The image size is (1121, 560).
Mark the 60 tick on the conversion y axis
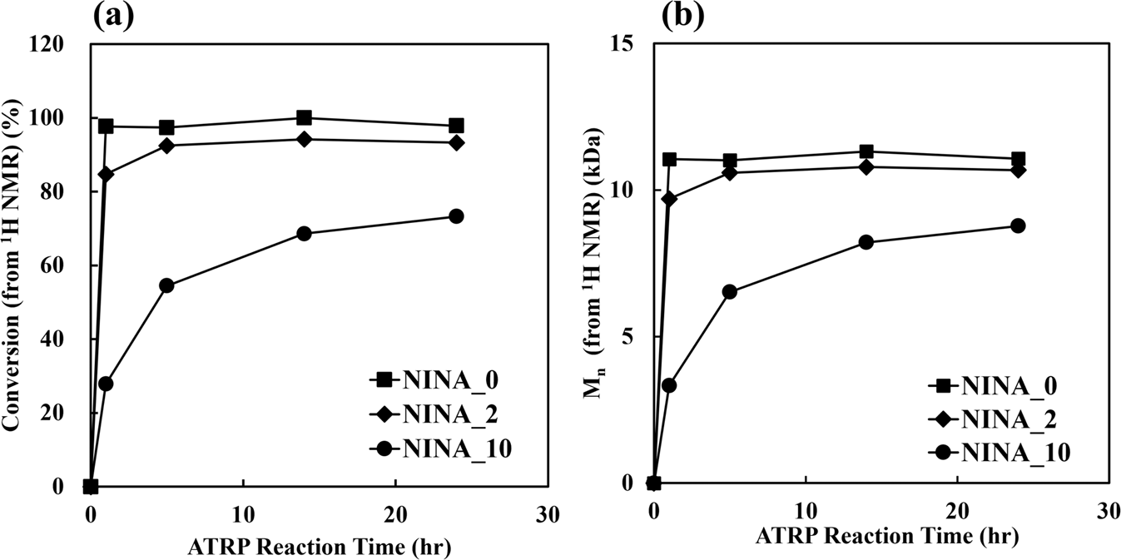click(x=67, y=265)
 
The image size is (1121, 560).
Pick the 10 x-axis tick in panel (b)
click(x=805, y=507)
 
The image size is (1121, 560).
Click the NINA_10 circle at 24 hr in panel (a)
click(x=456, y=216)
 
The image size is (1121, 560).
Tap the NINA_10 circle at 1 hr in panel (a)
click(x=106, y=384)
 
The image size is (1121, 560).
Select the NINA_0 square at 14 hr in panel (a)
click(x=304, y=118)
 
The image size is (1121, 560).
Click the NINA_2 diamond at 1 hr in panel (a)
click(x=106, y=174)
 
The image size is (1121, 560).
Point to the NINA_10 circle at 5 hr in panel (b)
click(x=729, y=292)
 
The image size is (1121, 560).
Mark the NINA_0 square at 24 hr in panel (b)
click(x=1017, y=159)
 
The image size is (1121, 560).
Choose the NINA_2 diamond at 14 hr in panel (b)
click(x=866, y=167)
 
